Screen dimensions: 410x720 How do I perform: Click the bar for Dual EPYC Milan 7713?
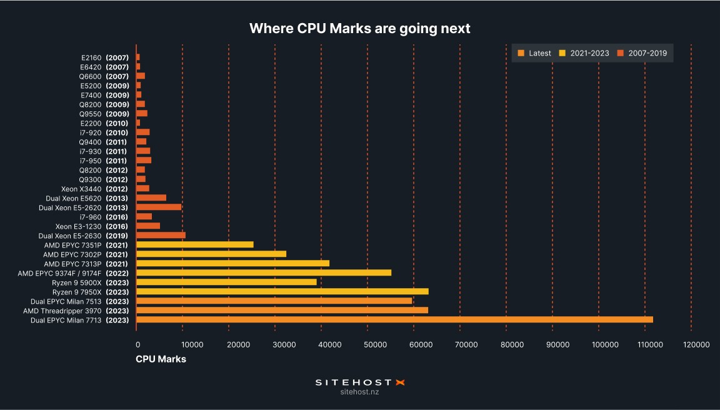394,319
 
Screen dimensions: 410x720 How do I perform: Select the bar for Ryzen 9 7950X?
282,291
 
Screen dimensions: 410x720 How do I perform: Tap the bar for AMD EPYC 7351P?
195,244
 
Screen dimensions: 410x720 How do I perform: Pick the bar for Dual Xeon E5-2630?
161,235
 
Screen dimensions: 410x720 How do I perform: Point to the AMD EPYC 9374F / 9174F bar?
264,272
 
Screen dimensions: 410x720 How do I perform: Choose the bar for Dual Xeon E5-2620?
159,207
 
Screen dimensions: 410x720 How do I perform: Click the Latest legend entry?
535,53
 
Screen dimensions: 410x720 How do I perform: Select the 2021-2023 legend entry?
584,53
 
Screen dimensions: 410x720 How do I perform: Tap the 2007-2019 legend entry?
642,53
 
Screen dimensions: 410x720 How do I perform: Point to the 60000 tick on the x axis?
414,344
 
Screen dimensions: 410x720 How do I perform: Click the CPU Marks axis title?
161,359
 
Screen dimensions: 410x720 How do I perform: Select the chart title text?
359,28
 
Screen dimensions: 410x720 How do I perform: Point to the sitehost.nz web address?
359,392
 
